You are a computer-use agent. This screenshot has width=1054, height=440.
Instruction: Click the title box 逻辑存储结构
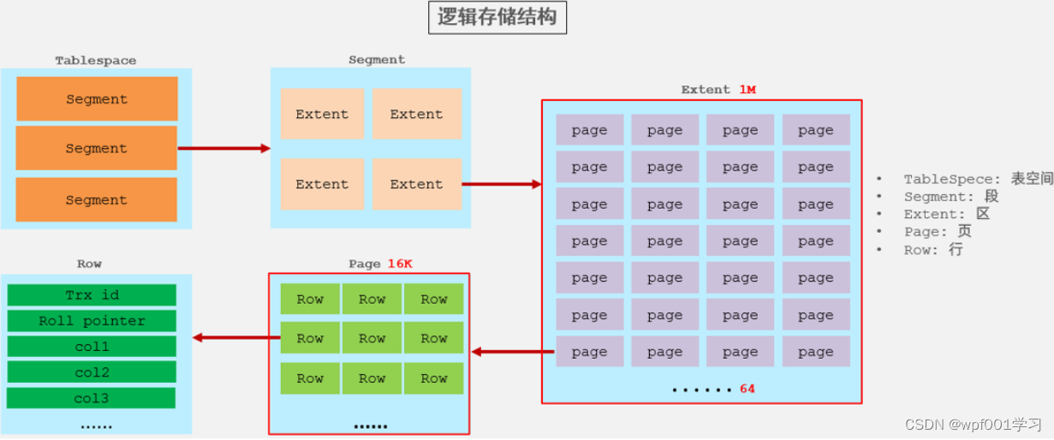click(497, 17)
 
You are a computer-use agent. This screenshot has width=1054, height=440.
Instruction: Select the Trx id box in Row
click(92, 295)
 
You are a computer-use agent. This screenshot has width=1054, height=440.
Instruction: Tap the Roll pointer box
click(92, 321)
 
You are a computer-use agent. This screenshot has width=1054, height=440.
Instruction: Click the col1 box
click(92, 347)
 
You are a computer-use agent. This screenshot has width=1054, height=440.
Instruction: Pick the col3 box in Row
click(92, 398)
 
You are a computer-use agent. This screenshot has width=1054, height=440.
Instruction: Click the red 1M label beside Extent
click(747, 89)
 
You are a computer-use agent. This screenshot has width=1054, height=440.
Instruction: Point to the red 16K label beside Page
click(399, 264)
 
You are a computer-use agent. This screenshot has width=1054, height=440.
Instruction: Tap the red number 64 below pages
click(747, 389)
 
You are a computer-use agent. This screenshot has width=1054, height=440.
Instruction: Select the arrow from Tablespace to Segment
click(223, 148)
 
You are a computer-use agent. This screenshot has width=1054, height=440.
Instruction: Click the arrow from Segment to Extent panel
click(501, 184)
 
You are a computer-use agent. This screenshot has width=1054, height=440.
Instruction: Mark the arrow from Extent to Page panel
click(513, 352)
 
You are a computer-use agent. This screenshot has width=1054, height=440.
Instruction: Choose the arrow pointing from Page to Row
click(236, 337)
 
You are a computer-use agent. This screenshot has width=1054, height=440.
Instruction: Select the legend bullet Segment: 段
click(950, 197)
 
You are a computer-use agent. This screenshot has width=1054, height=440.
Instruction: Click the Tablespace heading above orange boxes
click(96, 61)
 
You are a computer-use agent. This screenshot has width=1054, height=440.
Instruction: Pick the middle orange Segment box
click(96, 148)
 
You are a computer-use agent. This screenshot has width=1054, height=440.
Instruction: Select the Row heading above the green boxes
click(89, 264)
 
